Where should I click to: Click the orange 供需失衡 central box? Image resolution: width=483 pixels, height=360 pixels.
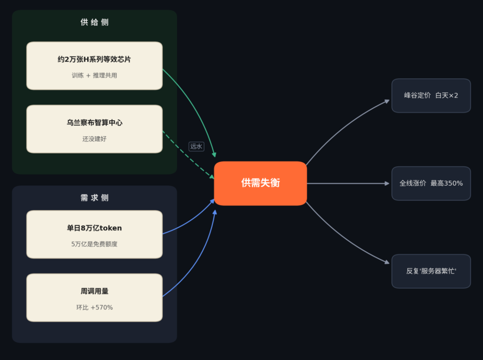tap(260, 183)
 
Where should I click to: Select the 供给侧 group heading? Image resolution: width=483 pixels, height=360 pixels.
tap(95, 22)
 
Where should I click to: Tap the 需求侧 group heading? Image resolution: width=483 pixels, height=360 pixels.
tap(95, 198)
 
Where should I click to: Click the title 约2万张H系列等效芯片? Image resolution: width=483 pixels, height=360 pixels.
tap(94, 59)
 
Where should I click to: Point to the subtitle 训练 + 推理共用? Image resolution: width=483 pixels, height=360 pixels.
tap(94, 75)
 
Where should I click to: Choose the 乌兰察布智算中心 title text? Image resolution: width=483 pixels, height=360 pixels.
tap(95, 122)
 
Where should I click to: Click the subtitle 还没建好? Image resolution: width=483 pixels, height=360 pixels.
tap(94, 139)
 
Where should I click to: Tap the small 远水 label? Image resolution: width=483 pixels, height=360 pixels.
tap(196, 146)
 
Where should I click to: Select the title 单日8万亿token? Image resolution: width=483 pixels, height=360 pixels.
tap(94, 228)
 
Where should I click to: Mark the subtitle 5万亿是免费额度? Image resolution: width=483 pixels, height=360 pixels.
tap(94, 244)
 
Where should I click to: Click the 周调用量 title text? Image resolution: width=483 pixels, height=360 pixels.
tap(95, 291)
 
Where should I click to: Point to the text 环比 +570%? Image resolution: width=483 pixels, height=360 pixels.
tap(95, 307)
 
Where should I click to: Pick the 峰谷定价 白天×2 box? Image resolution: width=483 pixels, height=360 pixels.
tap(431, 96)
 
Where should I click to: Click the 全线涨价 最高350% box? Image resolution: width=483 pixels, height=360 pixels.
tap(431, 184)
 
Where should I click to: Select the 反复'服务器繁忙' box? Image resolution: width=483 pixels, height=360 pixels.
tap(431, 271)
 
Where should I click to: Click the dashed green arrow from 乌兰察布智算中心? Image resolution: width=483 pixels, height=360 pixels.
tap(188, 155)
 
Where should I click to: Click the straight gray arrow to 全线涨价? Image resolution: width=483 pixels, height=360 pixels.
tap(348, 184)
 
